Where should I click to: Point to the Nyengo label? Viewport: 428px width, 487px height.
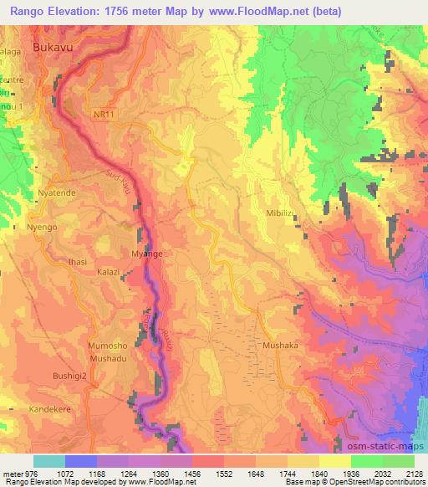coord(42,227)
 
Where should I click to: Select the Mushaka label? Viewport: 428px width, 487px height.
coord(280,345)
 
